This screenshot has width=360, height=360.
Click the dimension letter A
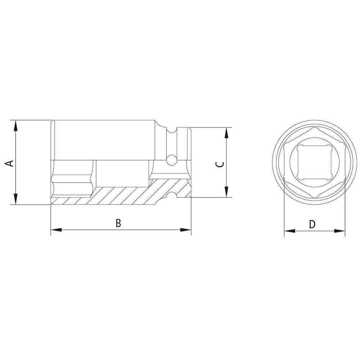click(11, 163)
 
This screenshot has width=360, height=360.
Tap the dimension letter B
click(118, 223)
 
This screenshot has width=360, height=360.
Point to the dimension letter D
click(312, 224)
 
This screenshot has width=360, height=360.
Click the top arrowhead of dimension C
click(226, 132)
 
